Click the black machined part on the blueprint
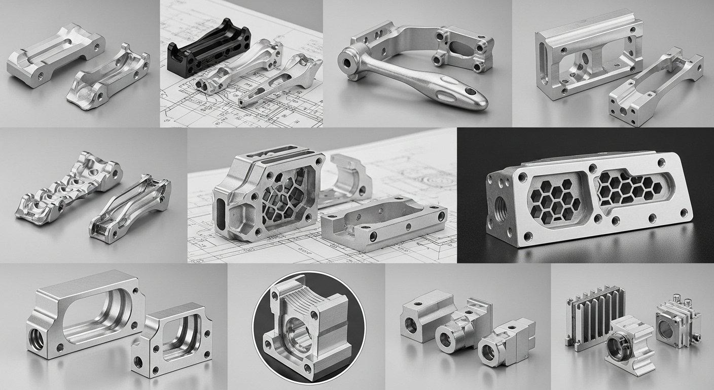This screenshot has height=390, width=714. click(208, 51)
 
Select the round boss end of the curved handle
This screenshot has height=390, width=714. click(349, 62)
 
